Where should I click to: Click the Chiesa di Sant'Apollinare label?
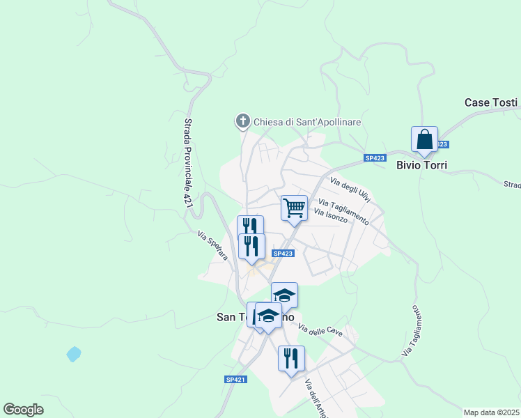(307, 122)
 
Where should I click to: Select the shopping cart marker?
(294, 208)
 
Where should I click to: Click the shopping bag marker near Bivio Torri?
(424, 139)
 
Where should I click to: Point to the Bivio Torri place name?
(421, 166)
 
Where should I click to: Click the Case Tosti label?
(491, 102)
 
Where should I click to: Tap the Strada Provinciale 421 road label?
(187, 161)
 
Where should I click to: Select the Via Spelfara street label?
(213, 245)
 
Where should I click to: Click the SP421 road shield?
(236, 379)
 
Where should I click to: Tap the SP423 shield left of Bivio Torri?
(375, 159)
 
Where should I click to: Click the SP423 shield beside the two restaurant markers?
(282, 254)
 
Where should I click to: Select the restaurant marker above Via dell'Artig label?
(291, 359)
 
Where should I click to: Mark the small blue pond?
(73, 354)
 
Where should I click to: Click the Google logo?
(23, 410)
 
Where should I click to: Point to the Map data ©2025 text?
(491, 412)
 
